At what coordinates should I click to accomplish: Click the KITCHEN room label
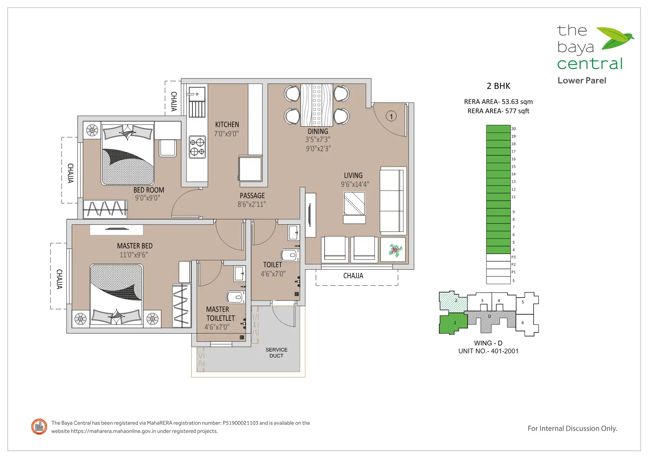coord(227,124)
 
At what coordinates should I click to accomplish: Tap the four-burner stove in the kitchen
coord(197,147)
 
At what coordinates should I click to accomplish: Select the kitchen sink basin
coord(197,94)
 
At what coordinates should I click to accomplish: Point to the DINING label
coord(318,131)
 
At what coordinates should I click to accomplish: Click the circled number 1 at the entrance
coord(391,116)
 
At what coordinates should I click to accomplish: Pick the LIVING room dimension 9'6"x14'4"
coord(355,184)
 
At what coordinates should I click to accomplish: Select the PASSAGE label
coord(252,196)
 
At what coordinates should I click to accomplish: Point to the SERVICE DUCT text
coord(276,353)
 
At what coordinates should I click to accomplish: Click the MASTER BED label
coord(135,246)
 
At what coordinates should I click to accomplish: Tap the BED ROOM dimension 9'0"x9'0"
coord(147,198)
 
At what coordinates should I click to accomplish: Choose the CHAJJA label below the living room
coord(353,276)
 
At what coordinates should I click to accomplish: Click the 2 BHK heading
coord(498,86)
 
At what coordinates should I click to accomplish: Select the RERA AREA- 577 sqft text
coord(498,111)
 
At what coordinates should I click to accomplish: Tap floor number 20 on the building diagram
coord(513,129)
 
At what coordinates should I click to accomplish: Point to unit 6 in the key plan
coord(527,324)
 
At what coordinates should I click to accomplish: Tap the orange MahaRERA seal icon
coord(39,427)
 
